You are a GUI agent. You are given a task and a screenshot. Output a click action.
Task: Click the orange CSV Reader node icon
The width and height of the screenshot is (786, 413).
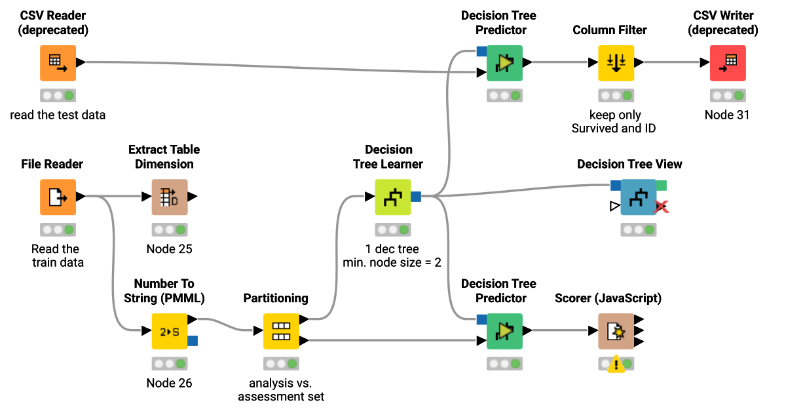[58, 63]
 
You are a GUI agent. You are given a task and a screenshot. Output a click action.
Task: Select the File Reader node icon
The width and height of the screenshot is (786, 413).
[58, 197]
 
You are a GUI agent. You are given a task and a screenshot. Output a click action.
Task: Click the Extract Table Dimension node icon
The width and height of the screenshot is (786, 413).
[170, 197]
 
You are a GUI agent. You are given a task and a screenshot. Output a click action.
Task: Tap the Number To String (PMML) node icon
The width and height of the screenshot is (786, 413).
[170, 331]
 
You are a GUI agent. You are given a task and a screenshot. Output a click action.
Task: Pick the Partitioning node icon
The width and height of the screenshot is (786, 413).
[281, 331]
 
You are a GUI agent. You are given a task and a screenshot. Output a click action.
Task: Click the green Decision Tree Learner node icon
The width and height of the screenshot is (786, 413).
[392, 197]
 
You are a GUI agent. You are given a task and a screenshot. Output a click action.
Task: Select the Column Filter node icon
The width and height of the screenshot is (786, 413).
[616, 63]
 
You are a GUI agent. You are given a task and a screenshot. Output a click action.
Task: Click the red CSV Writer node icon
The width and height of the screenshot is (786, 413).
[728, 63]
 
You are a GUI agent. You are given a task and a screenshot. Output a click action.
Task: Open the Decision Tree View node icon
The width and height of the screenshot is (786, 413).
[638, 197]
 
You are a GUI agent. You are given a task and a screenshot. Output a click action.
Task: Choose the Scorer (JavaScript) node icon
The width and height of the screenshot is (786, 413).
[616, 331]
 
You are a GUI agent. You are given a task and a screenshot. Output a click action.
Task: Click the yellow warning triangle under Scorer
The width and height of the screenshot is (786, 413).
[616, 365]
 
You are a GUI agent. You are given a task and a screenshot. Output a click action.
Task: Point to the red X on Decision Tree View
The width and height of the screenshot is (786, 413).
[662, 207]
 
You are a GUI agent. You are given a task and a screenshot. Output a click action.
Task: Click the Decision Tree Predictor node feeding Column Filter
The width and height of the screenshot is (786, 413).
[504, 63]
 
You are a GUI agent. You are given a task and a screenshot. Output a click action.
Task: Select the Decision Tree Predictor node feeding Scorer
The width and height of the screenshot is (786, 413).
[504, 331]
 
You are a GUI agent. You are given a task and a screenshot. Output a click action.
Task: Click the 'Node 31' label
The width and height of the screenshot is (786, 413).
[728, 115]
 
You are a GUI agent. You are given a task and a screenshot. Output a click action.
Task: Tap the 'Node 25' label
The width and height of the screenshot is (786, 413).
[170, 248]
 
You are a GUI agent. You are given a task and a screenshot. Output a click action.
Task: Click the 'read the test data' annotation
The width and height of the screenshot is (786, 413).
[58, 115]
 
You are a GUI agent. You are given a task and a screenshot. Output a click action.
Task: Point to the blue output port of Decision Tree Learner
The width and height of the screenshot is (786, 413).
[415, 197]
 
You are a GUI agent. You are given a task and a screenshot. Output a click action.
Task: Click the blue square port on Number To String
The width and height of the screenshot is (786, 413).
[193, 340]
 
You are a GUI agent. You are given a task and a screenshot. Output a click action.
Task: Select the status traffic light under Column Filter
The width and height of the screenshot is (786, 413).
[616, 96]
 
